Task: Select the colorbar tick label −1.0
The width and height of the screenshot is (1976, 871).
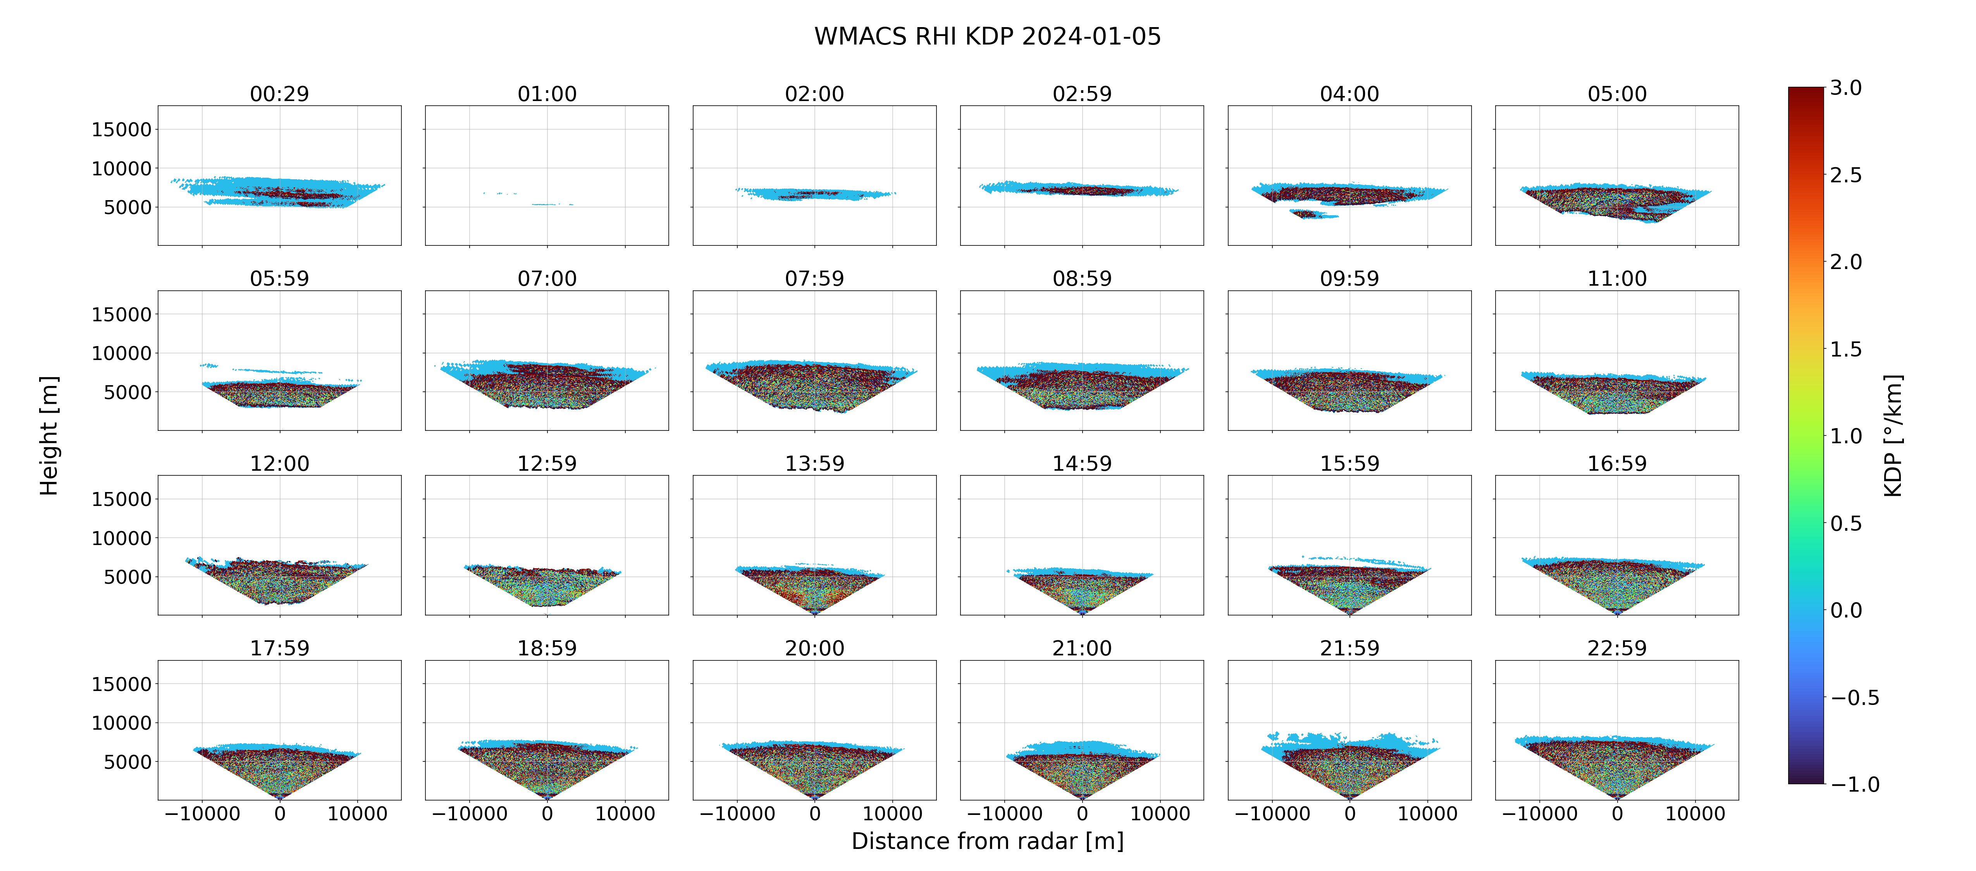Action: click(x=1855, y=784)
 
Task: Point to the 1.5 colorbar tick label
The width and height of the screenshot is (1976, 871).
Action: click(x=1845, y=349)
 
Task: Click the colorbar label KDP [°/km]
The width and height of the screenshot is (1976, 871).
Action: click(x=1893, y=435)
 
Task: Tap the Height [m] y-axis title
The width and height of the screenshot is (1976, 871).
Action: click(x=49, y=435)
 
